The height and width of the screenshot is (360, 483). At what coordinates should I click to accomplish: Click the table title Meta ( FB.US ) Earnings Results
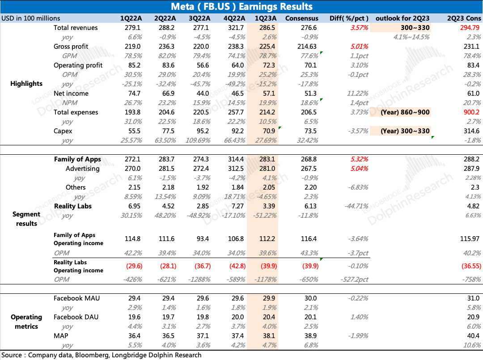[241, 7]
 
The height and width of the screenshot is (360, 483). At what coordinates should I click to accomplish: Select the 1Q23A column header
[266, 18]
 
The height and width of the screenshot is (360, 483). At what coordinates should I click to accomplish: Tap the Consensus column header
[302, 18]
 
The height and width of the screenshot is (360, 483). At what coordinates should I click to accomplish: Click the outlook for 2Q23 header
[402, 18]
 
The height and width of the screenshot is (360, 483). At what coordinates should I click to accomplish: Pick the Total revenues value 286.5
[266, 28]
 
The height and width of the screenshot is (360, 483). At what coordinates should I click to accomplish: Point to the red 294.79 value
[470, 28]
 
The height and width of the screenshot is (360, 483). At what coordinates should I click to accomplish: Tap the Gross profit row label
[71, 47]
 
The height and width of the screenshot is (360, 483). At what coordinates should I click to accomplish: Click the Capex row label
[63, 131]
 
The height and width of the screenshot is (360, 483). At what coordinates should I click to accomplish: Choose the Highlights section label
[26, 84]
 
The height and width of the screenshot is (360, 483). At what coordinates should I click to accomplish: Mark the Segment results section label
[26, 219]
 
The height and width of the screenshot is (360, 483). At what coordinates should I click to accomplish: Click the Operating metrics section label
[26, 322]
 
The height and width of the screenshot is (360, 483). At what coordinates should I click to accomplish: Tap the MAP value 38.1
[266, 336]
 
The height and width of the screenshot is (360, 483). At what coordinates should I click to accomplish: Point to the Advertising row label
[82, 169]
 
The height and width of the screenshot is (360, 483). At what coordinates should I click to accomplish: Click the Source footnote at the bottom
[101, 355]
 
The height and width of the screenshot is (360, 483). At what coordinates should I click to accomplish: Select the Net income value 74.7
[135, 93]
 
